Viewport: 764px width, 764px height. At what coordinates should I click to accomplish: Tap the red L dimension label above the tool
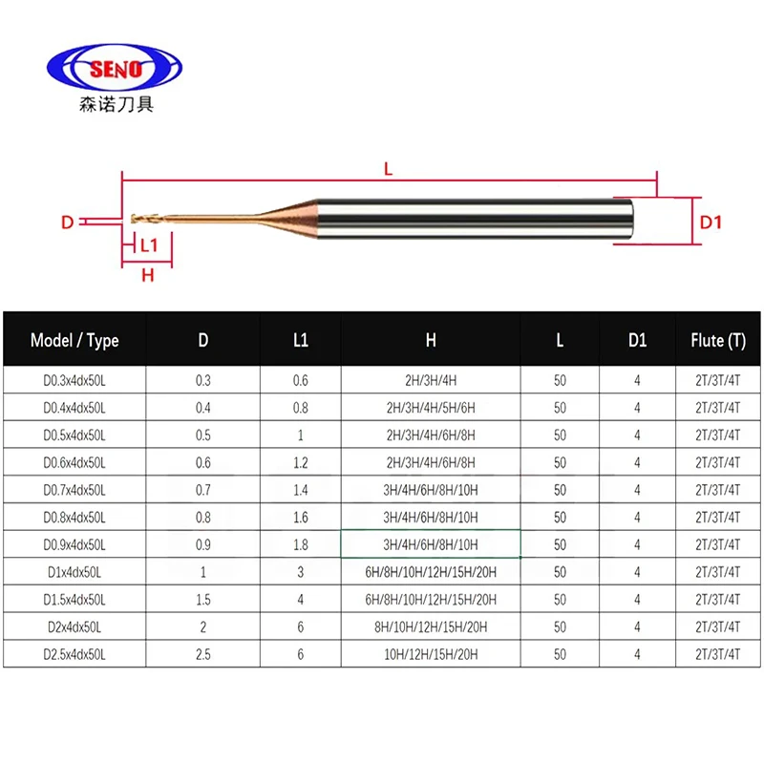coord(388,168)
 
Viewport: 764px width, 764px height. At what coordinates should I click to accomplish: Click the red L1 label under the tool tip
coord(149,245)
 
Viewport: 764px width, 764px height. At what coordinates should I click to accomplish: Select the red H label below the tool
coord(147,276)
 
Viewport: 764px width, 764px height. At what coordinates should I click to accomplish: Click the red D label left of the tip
coord(68,223)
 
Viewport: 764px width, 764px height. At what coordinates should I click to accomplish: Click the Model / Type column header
coord(74,340)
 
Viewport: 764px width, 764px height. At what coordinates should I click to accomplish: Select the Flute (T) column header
coord(717,340)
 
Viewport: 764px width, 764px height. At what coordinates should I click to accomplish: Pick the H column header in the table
coord(431,340)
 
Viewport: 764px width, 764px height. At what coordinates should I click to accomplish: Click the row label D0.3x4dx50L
coord(74,380)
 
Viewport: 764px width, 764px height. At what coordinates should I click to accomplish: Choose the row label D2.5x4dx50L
coord(74,654)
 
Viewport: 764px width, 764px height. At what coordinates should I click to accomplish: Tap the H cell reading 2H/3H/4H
coord(431,380)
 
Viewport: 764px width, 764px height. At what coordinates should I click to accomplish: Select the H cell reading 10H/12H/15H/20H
coord(431,654)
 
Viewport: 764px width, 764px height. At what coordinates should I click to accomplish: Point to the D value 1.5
coord(203,599)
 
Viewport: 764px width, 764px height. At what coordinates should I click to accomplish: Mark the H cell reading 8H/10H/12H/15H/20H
coord(431,626)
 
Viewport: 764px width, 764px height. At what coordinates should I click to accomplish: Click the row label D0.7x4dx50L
coord(74,490)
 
